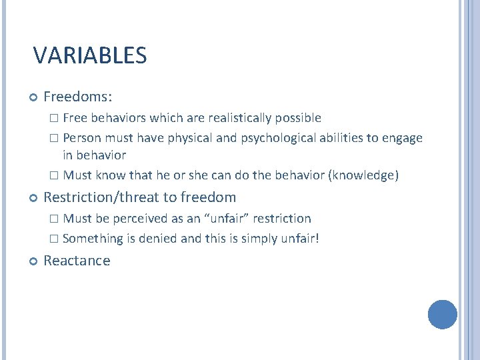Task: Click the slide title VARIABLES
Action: (x=90, y=55)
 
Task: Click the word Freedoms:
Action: (x=77, y=97)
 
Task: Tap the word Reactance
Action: (x=77, y=261)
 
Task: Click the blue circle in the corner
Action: (x=442, y=315)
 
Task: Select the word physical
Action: (x=189, y=138)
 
